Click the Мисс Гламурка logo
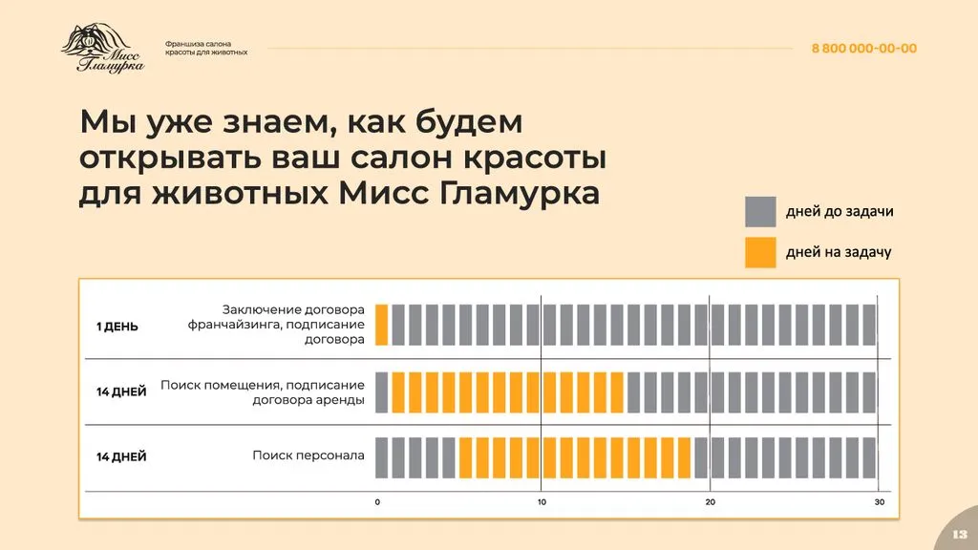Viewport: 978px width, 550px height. click(x=103, y=49)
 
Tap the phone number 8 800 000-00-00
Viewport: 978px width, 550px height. click(x=863, y=49)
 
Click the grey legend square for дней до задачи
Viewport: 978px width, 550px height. click(x=760, y=212)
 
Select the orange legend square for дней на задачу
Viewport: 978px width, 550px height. click(x=760, y=252)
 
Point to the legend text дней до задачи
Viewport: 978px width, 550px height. click(x=840, y=212)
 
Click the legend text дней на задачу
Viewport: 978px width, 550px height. click(x=838, y=252)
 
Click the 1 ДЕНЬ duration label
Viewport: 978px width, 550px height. click(x=117, y=327)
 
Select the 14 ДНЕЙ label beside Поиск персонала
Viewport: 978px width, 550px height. click(x=121, y=457)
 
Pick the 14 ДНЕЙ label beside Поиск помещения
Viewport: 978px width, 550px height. click(x=121, y=391)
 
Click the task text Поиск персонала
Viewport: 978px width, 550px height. click(x=308, y=456)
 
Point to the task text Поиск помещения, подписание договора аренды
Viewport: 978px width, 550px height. click(x=263, y=391)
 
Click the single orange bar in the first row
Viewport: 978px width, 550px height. click(x=381, y=325)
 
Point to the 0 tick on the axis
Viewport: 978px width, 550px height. click(x=377, y=502)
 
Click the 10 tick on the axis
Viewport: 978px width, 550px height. click(x=542, y=502)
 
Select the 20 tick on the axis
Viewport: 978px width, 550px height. click(x=710, y=502)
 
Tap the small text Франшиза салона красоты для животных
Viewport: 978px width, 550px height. click(x=206, y=48)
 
